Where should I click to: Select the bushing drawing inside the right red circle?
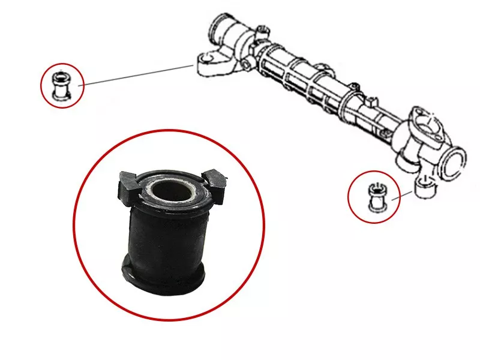pyautogui.click(x=376, y=197)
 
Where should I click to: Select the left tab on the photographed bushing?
pyautogui.click(x=127, y=184)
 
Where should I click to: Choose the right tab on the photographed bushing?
pyautogui.click(x=214, y=181)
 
